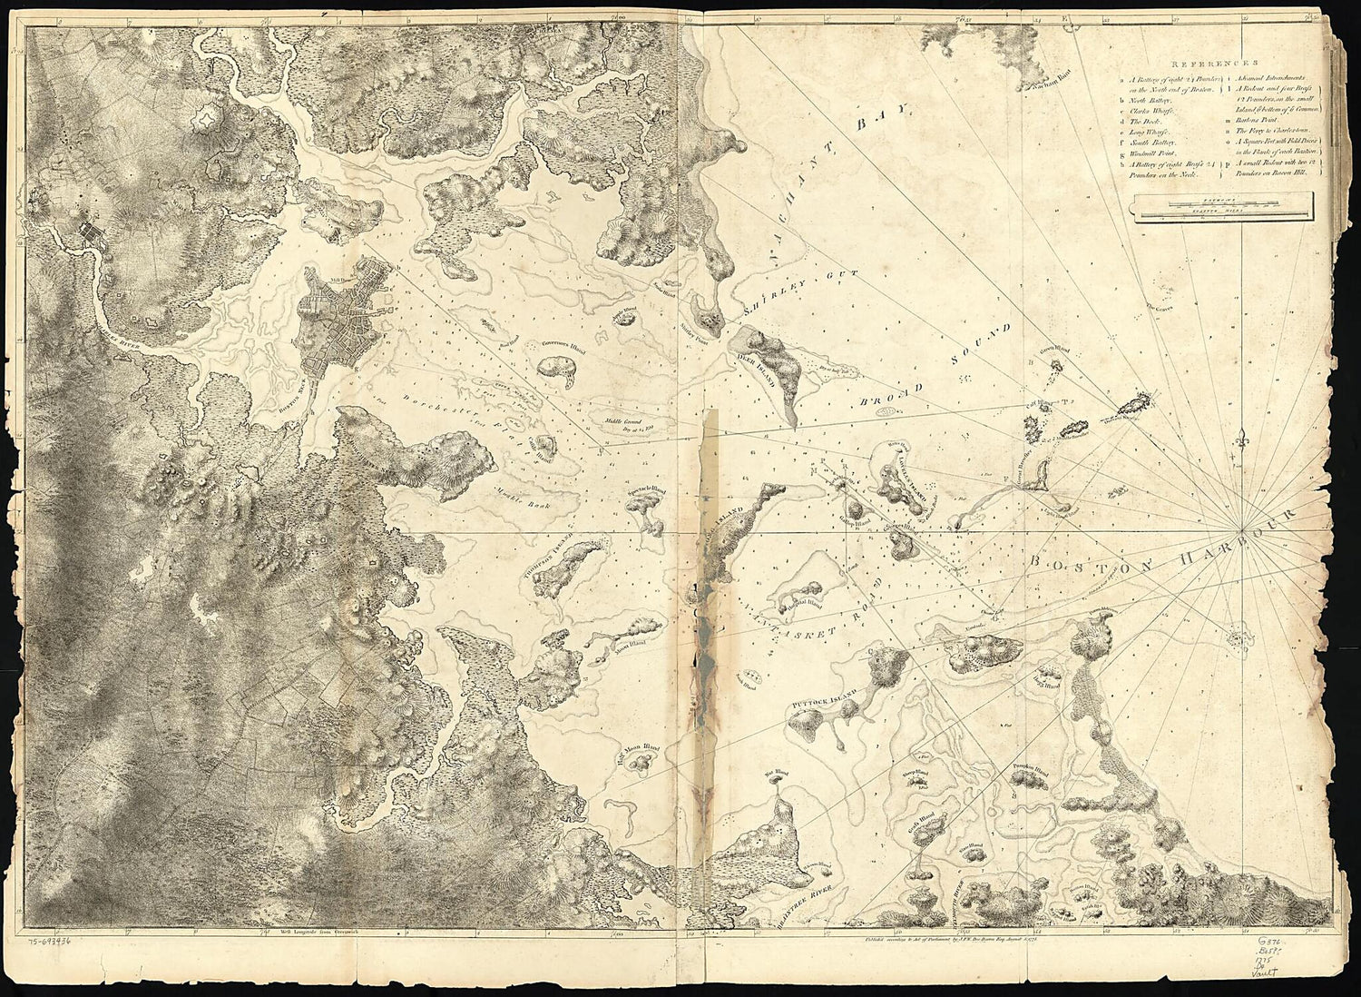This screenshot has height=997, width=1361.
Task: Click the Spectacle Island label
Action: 648,491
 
